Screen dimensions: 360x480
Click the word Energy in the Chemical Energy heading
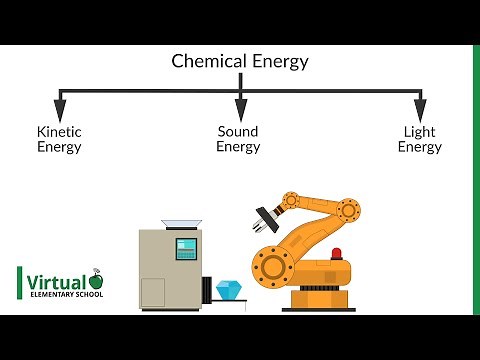(278, 62)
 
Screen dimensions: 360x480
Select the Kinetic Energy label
(59, 139)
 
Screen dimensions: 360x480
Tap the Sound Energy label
(239, 139)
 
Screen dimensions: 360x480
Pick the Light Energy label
(419, 139)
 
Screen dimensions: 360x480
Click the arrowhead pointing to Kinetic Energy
(60, 105)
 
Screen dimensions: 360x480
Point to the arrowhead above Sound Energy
(240, 105)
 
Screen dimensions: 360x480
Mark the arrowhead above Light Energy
(420, 105)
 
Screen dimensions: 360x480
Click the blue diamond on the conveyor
(230, 289)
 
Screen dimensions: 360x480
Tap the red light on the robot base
(336, 254)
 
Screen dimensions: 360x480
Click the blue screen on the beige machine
(185, 249)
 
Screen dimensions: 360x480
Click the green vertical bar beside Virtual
(20, 285)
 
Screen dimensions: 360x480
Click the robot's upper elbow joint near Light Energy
(348, 210)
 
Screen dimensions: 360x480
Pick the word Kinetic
(59, 131)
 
